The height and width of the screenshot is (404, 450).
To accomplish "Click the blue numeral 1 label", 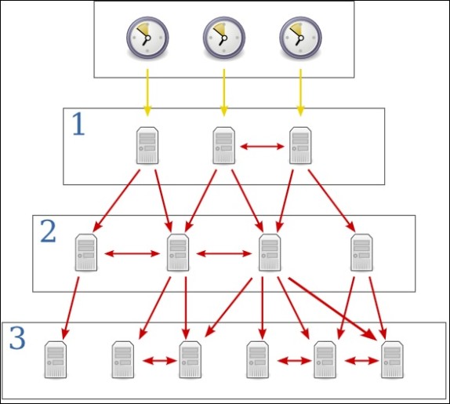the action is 78,124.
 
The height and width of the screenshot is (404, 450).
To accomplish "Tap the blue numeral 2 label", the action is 49,231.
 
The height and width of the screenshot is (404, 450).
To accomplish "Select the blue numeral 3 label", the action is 17,338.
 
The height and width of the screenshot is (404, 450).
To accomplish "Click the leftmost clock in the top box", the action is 147,38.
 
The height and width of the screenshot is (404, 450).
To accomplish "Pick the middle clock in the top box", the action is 224,38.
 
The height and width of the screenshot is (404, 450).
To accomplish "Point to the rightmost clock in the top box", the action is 300,38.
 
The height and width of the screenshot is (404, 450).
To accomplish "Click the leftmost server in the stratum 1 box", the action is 147,146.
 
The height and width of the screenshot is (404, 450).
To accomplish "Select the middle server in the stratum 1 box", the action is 224,146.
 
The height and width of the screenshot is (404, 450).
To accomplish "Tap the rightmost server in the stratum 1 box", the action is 300,146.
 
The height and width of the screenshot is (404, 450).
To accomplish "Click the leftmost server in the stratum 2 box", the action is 86,253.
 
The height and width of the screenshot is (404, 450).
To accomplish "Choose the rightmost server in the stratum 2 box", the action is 361,253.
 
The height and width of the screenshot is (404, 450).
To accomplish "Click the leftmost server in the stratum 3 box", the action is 56,360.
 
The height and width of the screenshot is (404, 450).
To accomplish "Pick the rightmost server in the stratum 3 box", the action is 392,360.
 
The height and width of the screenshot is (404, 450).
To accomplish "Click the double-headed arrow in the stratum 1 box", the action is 262,147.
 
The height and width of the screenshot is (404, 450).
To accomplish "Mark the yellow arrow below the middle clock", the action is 224,93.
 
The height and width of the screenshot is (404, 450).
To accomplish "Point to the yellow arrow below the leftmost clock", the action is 147,93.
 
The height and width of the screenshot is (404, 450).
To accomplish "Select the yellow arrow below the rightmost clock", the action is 300,93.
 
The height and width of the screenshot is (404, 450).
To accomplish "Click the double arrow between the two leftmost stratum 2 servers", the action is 132,253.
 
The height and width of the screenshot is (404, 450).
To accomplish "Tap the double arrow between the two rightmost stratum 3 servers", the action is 361,361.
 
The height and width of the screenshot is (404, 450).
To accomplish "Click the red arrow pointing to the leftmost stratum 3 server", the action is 71,308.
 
